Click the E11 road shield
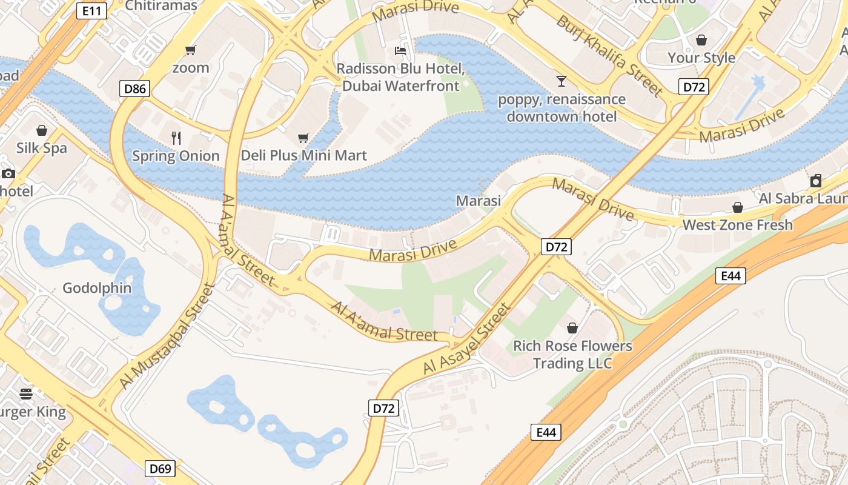92,10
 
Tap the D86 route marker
134,89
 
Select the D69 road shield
161,469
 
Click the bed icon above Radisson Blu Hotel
400,50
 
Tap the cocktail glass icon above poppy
561,81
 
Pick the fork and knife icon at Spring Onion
176,138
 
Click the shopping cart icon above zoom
191,50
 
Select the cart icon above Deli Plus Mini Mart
303,138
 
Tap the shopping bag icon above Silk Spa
42,130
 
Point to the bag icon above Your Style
701,40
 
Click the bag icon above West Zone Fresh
737,207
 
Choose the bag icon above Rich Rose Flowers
572,328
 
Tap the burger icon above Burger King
25,394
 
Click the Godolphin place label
97,288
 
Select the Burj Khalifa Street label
609,56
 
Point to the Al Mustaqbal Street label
168,336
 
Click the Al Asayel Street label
467,339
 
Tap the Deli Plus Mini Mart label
303,156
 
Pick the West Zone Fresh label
737,225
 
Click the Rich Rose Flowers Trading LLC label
572,355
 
